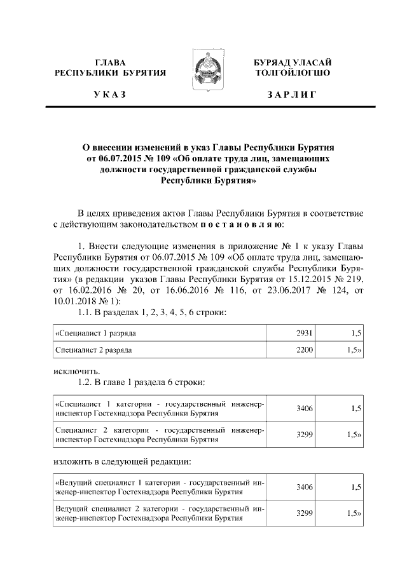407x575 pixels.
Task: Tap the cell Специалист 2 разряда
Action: [x=96, y=349]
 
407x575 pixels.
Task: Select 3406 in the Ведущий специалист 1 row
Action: [x=305, y=487]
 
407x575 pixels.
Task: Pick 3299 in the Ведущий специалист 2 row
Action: [x=305, y=513]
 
